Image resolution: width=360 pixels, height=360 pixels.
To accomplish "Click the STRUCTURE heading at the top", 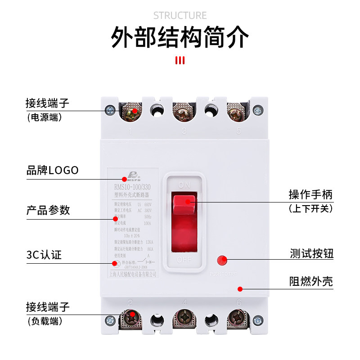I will click(x=180, y=16).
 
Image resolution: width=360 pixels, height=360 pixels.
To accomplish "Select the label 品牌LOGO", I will click(x=53, y=170).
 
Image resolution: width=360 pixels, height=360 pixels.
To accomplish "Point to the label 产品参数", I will click(x=48, y=210).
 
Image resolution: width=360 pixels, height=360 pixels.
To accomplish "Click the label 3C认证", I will click(x=44, y=255).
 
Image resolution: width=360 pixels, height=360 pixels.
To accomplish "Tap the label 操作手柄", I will click(x=310, y=195).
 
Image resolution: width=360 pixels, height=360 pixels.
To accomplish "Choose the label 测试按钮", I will click(x=311, y=253).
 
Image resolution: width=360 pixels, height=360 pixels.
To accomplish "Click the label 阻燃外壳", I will click(x=311, y=282).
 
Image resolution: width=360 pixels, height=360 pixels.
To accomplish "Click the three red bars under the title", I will click(x=180, y=60).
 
